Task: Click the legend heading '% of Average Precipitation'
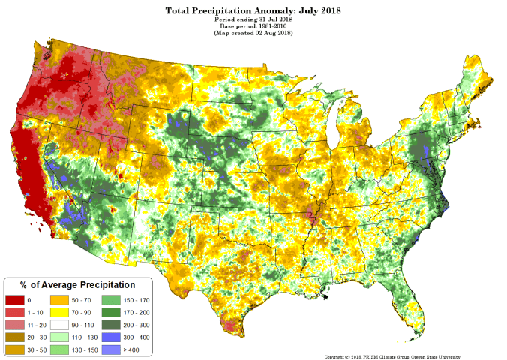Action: pos(77,285)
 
